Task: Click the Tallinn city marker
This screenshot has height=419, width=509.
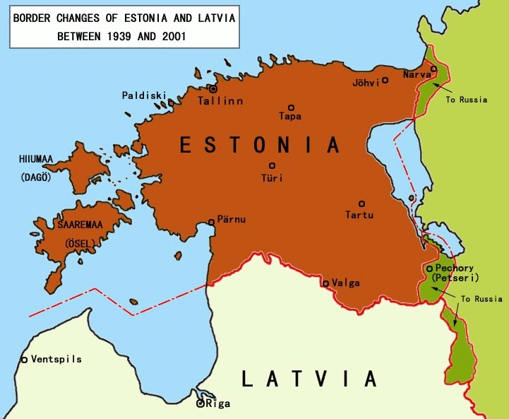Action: [x=212, y=89]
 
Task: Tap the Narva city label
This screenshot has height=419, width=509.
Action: [x=417, y=74]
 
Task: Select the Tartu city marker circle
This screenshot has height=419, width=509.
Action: [x=361, y=203]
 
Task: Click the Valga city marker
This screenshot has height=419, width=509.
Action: [x=325, y=283]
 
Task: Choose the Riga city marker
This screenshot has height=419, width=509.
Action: [x=200, y=404]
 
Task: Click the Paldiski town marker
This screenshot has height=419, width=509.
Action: [x=171, y=103]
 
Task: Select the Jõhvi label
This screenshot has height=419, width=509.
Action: [x=366, y=82]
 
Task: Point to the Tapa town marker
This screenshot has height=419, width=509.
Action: [x=291, y=107]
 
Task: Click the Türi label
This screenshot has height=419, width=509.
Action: [x=272, y=178]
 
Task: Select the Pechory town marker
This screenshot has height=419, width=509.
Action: [x=429, y=268]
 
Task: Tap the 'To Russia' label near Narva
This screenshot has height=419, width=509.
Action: [x=466, y=100]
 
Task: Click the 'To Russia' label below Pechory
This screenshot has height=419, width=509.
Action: [x=481, y=299]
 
